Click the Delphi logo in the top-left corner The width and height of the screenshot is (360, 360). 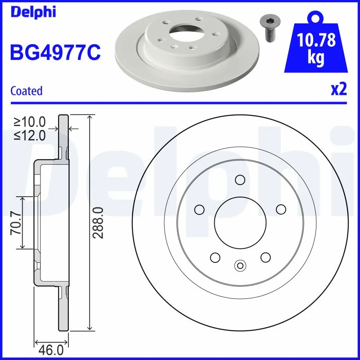[x=33, y=12]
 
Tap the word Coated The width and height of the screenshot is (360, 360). [x=26, y=91]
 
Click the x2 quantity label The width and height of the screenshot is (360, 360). [x=338, y=90]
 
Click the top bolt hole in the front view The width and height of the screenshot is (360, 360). [x=239, y=180]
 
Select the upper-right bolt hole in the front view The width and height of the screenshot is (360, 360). [x=281, y=209]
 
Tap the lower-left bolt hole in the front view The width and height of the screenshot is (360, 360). [x=215, y=257]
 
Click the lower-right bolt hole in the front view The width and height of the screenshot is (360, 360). [x=265, y=257]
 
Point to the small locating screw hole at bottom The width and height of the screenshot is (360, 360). [x=240, y=266]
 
